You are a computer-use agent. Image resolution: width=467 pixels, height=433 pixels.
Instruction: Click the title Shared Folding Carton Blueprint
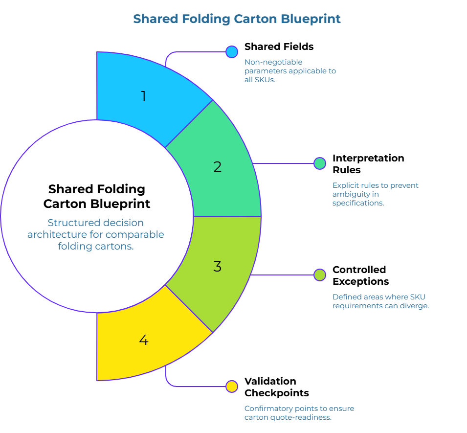[237, 19]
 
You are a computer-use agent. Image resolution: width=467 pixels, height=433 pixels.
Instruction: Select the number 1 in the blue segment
[143, 96]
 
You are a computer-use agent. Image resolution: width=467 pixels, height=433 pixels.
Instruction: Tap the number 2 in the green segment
[218, 167]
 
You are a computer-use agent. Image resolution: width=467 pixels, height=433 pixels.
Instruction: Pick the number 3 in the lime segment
[218, 267]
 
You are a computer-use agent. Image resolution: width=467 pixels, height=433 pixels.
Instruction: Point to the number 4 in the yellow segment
[143, 340]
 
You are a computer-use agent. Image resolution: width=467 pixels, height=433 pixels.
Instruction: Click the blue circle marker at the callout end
[232, 52]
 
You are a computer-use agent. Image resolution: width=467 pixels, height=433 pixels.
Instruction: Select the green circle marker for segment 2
[319, 163]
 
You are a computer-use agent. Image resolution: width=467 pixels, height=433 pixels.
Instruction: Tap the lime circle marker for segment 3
[319, 275]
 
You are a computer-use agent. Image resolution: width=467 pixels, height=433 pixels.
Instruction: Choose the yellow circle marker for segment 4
[232, 387]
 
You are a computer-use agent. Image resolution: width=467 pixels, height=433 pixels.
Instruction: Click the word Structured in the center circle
[71, 223]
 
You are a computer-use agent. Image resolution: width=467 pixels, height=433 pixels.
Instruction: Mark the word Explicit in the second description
[346, 185]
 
